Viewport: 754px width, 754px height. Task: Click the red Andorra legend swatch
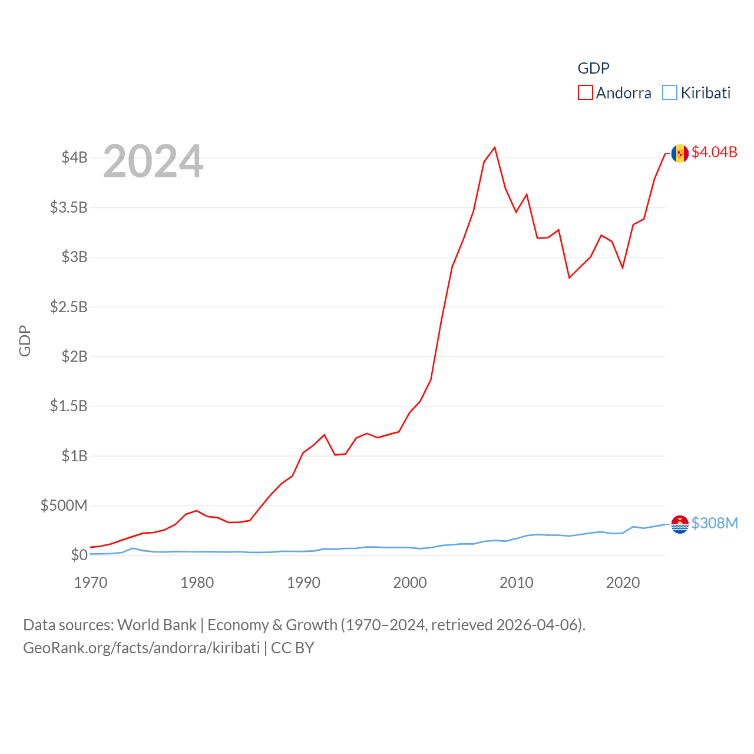[x=585, y=92]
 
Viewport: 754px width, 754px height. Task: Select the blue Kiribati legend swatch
[x=670, y=92]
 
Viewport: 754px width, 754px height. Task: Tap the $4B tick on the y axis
[x=74, y=157]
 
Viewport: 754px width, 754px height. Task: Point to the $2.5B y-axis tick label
[x=68, y=307]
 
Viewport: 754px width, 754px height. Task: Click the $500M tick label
[x=64, y=505]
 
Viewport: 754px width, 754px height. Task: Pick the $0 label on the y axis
[x=79, y=555]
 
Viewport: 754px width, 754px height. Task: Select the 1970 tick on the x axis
[x=91, y=583]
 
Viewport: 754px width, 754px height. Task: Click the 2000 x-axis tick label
[x=410, y=583]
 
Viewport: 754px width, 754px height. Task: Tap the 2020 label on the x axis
[x=623, y=583]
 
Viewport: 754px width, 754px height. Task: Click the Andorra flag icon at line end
[x=680, y=153]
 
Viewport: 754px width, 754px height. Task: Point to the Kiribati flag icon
[x=680, y=524]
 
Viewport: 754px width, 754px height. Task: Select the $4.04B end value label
[x=714, y=152]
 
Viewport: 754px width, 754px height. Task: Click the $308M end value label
[x=715, y=523]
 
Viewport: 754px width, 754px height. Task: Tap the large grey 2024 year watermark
[x=153, y=161]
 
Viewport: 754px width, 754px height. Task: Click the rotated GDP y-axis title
[x=25, y=340]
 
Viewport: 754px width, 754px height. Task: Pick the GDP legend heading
[x=593, y=68]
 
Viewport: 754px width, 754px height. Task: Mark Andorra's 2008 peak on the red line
[x=495, y=147]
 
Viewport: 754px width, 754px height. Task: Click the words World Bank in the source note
[x=157, y=624]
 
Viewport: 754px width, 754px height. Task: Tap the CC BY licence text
[x=292, y=648]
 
